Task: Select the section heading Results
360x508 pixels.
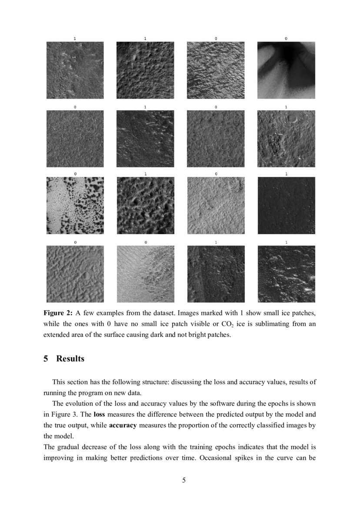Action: pyautogui.click(x=70, y=359)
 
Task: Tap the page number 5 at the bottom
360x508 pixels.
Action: pyautogui.click(x=184, y=480)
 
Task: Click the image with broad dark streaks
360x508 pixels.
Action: pyautogui.click(x=286, y=70)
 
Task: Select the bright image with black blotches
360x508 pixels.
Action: pyautogui.click(x=75, y=206)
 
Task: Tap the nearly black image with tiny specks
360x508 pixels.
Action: pyautogui.click(x=286, y=206)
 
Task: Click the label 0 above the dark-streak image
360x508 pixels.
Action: pyautogui.click(x=286, y=39)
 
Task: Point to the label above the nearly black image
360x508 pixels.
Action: pyautogui.click(x=286, y=174)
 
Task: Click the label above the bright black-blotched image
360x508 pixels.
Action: pyautogui.click(x=75, y=174)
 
